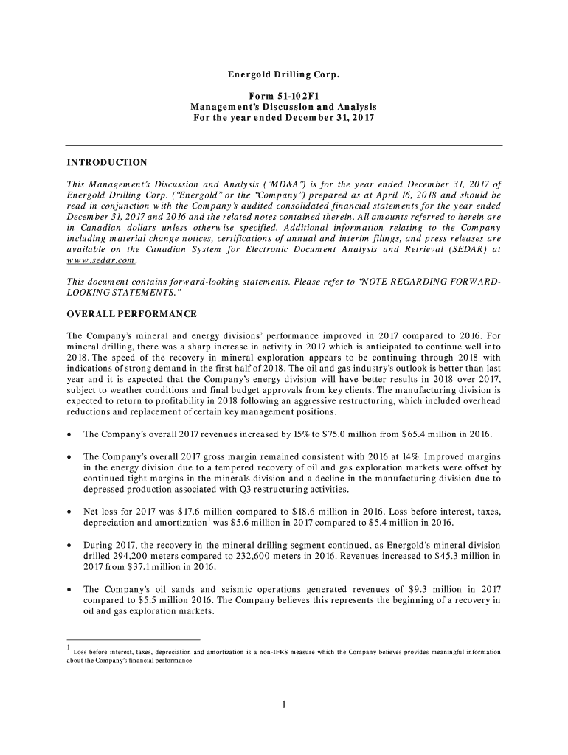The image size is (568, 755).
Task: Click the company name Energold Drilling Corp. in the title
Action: click(284, 75)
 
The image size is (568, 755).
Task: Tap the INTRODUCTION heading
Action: click(107, 162)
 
